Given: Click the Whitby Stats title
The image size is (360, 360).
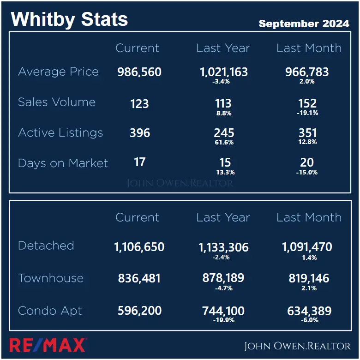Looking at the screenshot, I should coord(69,19).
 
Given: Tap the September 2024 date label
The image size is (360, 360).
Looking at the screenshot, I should coord(304,24).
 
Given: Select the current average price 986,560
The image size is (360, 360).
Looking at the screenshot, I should coord(139,72).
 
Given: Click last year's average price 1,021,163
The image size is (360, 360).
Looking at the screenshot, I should coord(223,72).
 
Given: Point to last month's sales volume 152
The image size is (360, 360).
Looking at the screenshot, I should coord(307,103).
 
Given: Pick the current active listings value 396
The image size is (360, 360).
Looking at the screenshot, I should coord(139,133).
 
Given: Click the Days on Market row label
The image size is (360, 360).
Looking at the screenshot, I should coord(63,163).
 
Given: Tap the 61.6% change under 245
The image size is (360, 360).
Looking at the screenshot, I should coord(223,142).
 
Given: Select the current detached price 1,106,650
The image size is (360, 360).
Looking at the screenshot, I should coord(139,247).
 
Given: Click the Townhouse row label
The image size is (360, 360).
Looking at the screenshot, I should coord(51,278).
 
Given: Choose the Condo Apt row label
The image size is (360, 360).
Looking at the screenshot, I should coord(50,311).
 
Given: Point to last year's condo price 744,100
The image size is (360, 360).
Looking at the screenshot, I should coord(223,311).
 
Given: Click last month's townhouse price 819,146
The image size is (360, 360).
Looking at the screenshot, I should coord(307,278).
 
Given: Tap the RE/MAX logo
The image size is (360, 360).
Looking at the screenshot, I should coord(48,345).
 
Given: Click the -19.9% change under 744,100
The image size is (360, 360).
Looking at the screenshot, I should coord(223,320).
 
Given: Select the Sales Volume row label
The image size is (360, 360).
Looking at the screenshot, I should coord(57,102).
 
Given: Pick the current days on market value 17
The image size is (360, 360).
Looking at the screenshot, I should coord(139,162).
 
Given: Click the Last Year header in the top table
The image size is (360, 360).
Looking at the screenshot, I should coord(223,48).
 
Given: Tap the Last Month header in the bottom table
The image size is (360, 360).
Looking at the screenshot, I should coord(309,217).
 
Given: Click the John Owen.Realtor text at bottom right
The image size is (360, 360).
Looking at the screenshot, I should coord(297,346).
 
